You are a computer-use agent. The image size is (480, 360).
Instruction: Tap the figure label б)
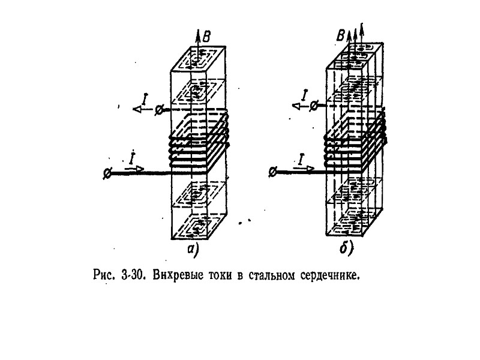(346, 249)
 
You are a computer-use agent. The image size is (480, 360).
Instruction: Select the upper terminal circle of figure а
(158, 110)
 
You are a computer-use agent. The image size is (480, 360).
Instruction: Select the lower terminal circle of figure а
(107, 173)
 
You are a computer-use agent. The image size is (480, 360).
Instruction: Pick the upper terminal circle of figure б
(313, 106)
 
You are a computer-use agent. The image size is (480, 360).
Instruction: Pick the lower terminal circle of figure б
(273, 172)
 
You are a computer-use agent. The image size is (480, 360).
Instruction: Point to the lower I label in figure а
(131, 158)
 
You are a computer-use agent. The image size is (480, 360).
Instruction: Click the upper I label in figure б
(305, 94)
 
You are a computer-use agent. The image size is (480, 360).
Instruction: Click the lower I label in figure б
(301, 158)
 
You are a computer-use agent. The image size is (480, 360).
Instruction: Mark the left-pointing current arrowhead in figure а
(137, 109)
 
